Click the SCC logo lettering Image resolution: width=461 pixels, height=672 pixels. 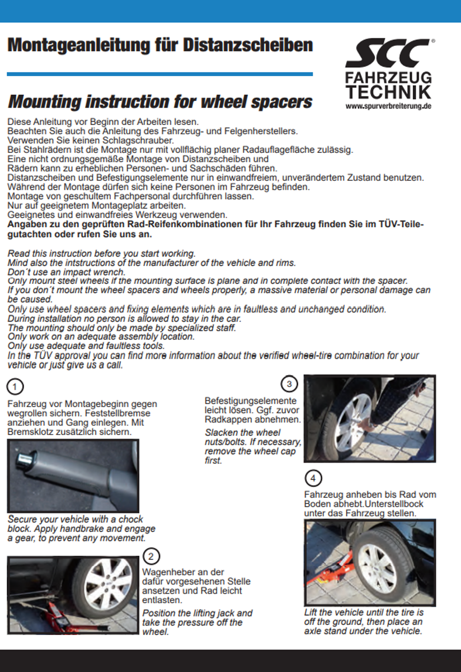(388, 55)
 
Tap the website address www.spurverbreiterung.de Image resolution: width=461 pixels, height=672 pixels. (388, 105)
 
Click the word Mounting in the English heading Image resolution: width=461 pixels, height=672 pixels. (45, 102)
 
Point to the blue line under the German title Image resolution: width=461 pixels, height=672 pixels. (159, 74)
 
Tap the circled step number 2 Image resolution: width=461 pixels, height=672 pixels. (151, 556)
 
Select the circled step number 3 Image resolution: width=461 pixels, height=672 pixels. (289, 384)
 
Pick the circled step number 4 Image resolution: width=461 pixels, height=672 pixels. (313, 478)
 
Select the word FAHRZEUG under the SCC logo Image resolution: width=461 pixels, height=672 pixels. (388, 77)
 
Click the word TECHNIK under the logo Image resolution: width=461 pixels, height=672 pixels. (388, 92)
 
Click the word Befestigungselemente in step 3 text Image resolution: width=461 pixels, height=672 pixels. (251, 401)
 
